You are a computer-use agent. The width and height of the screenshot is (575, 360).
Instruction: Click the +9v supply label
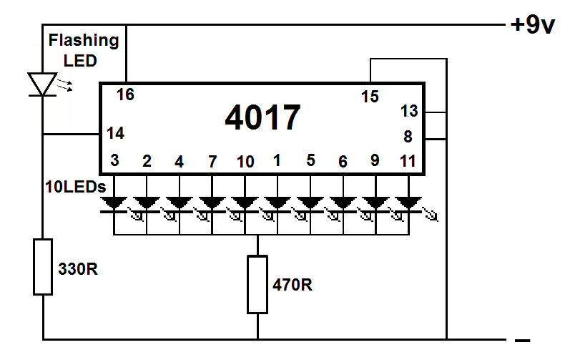(533, 25)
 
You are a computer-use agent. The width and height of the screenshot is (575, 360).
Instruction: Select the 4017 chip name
(262, 117)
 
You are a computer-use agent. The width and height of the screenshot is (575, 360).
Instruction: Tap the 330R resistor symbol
(43, 267)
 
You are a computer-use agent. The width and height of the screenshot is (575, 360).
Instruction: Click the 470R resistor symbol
(257, 285)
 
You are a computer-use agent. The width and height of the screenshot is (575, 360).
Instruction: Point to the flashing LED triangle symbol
(42, 84)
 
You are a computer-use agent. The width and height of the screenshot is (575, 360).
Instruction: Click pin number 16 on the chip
(125, 94)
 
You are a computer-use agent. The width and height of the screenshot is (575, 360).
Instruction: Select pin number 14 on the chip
(115, 133)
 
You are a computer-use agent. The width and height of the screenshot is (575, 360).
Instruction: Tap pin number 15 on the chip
(370, 97)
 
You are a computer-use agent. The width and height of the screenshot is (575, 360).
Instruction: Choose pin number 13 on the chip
(409, 111)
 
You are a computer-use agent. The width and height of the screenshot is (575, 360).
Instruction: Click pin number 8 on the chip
(408, 137)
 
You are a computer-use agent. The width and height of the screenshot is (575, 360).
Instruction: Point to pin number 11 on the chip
(408, 161)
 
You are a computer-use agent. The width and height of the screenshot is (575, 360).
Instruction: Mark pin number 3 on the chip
(114, 160)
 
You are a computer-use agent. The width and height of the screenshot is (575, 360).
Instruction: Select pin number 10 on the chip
(245, 162)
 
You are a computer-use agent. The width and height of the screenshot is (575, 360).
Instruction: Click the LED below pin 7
(212, 205)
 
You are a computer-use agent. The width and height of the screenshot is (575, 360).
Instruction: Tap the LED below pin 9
(375, 205)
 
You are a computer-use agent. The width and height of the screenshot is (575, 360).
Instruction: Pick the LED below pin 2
(147, 205)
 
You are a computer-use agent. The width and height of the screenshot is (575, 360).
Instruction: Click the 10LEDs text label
(76, 187)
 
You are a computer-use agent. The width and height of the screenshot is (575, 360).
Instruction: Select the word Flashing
(84, 41)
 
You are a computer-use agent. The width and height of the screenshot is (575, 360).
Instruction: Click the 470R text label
(293, 285)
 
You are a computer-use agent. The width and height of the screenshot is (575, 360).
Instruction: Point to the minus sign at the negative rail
(522, 341)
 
